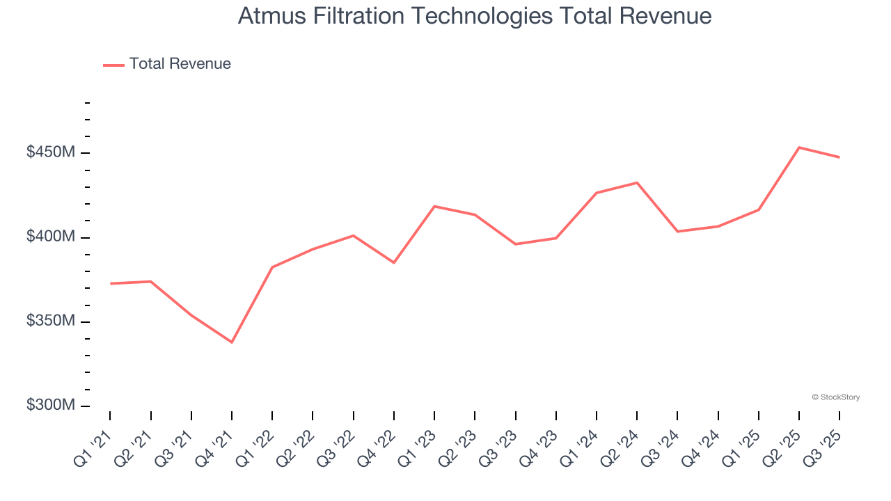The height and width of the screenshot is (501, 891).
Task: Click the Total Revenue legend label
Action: click(180, 64)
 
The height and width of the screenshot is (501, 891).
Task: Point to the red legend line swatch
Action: click(113, 65)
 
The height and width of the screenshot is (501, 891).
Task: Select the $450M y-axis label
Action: click(51, 152)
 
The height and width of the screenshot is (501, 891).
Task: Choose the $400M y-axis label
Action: click(51, 237)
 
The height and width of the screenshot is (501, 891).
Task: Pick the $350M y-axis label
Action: click(51, 321)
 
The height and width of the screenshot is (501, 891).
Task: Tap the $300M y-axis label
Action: click(51, 406)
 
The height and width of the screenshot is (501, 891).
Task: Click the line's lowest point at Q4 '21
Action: click(232, 342)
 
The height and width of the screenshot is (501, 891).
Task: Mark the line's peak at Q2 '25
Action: click(799, 148)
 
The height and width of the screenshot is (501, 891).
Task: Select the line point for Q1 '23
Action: click(434, 206)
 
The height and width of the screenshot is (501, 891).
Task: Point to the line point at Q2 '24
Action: click(637, 182)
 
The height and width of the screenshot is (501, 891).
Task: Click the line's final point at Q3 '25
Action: click(839, 157)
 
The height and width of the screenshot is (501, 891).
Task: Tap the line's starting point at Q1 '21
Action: click(111, 283)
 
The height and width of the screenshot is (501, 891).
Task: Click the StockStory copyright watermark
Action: click(835, 397)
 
